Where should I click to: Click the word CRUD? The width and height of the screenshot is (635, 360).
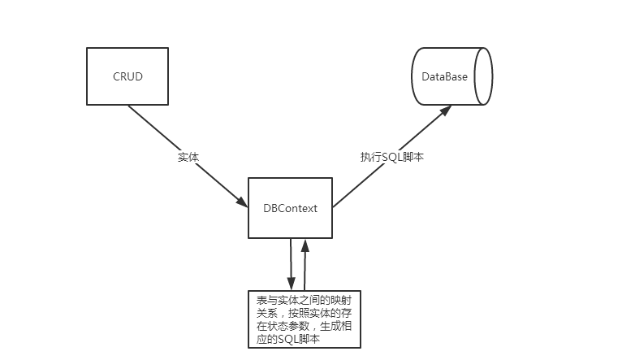(127, 76)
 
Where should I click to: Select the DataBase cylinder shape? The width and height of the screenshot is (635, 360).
(451, 76)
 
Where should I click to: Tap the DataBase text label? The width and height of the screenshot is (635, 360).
(444, 76)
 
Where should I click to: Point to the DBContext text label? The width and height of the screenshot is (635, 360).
(290, 208)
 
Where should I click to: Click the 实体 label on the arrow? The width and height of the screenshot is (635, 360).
(188, 156)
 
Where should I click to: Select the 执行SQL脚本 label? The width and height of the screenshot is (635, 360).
(392, 156)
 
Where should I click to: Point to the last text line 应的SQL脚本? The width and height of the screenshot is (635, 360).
(287, 340)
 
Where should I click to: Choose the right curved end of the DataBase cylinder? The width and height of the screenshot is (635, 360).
(485, 76)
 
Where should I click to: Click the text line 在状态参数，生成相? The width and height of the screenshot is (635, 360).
(303, 327)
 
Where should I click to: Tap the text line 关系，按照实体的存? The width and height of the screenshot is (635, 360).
(303, 314)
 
